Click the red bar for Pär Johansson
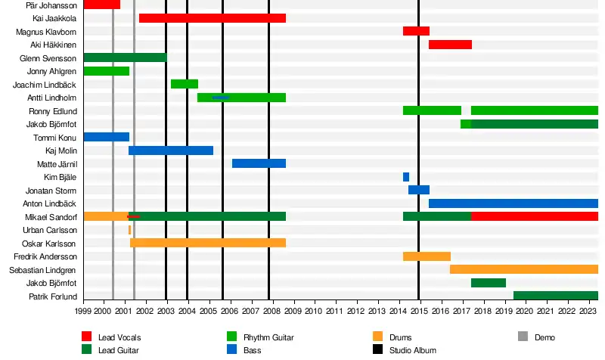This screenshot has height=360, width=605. point(101,5)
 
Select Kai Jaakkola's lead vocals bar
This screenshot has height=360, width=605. point(212,17)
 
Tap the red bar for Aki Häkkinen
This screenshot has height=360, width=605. point(450,45)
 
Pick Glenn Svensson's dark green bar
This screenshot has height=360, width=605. point(124,57)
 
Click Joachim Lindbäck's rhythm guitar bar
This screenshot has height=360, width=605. point(184,84)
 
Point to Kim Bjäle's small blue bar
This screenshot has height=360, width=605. point(406,177)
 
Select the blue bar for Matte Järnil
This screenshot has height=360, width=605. point(259,163)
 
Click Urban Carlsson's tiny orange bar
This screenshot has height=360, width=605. point(129,230)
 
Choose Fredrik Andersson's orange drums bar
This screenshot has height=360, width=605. point(427,256)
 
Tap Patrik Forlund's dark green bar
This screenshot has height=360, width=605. point(555,296)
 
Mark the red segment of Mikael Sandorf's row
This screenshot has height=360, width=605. point(534,216)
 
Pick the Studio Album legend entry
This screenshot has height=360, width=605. point(412,350)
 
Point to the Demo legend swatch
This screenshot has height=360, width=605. point(523,337)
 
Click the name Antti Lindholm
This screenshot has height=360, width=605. point(51,98)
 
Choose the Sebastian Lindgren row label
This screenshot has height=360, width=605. point(42,270)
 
